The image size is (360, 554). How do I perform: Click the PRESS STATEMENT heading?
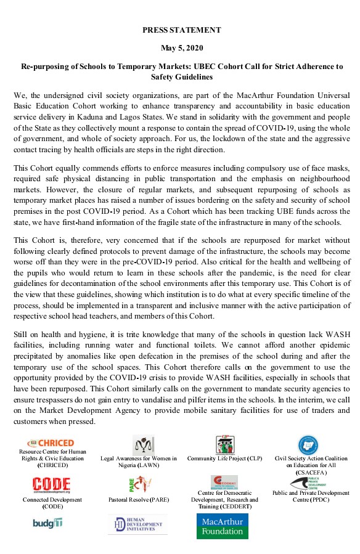pyautogui.click(x=181, y=30)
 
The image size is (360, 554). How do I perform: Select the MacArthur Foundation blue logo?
pyautogui.click(x=223, y=526)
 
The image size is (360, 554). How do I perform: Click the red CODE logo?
pyautogui.click(x=52, y=484)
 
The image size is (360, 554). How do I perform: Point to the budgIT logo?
pyautogui.click(x=48, y=523)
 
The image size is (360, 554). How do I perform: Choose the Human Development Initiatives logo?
pyautogui.click(x=138, y=524)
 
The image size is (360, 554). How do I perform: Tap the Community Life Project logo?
pyautogui.click(x=224, y=444)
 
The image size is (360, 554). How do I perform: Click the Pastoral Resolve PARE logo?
pyautogui.click(x=139, y=484)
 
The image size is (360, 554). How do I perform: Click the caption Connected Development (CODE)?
pyautogui.click(x=52, y=503)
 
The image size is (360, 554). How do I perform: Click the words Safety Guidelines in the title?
pyautogui.click(x=181, y=77)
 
